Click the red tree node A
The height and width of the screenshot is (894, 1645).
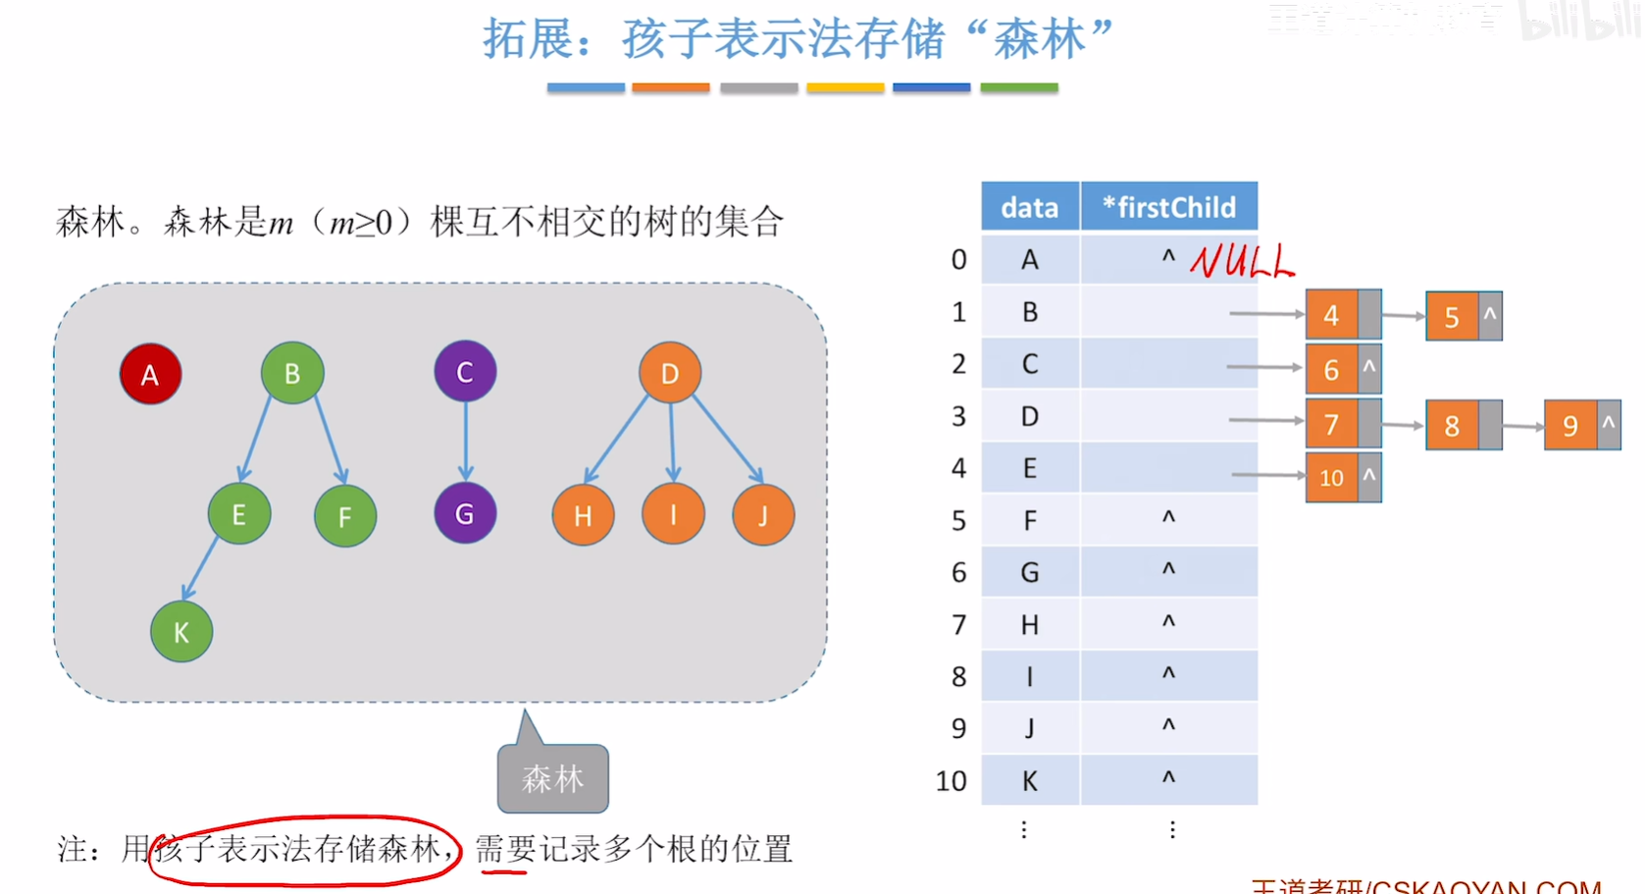tap(150, 374)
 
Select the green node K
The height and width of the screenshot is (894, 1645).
tap(181, 632)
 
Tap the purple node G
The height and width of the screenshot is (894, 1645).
tap(465, 513)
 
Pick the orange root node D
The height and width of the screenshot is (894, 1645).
tap(670, 373)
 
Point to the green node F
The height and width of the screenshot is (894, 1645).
tap(344, 516)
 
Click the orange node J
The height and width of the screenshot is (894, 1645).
tap(763, 515)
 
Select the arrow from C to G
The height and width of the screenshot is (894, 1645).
tap(466, 442)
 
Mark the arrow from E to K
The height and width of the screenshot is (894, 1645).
tap(200, 569)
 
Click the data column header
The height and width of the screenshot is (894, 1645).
tap(1030, 207)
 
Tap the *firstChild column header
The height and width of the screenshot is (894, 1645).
tap(1168, 207)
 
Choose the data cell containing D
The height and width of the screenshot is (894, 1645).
tap(1030, 417)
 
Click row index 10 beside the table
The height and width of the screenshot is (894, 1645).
tap(951, 781)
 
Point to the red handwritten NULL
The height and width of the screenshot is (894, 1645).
tap(1242, 261)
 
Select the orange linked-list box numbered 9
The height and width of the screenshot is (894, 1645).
tap(1570, 425)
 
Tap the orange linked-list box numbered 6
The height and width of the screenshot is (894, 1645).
tap(1331, 370)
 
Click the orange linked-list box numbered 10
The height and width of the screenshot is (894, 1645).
tap(1331, 478)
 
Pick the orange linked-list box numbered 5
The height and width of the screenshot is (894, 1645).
tap(1452, 317)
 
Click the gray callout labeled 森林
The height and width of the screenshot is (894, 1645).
tap(552, 778)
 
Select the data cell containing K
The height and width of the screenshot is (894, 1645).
tap(1030, 781)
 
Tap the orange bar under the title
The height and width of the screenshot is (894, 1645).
tap(670, 88)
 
